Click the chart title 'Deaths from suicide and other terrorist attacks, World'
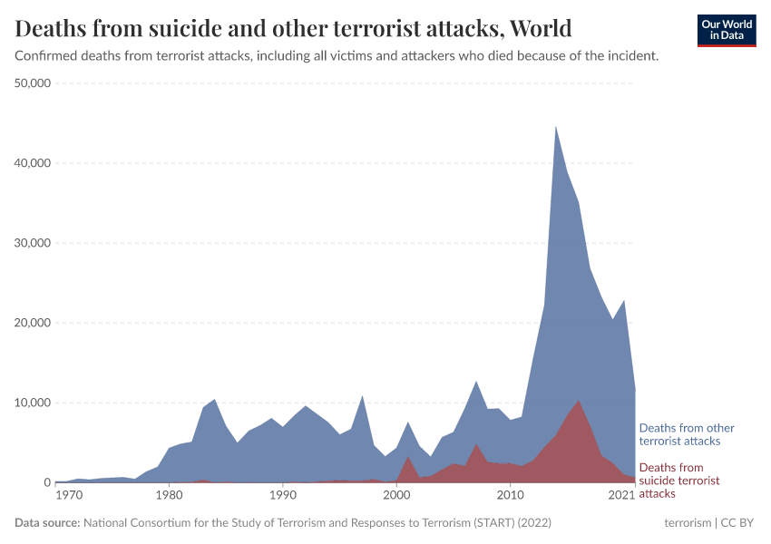tap(294, 28)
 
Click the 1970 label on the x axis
tap(67, 496)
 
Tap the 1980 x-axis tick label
tap(169, 496)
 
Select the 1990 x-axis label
tap(283, 496)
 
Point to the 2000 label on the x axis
tap(396, 496)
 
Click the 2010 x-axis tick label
tap(511, 496)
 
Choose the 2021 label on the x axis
tap(622, 496)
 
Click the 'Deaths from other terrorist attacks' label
tap(687, 434)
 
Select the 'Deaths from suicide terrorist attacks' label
tap(679, 480)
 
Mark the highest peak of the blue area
tap(556, 127)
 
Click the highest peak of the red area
tap(579, 401)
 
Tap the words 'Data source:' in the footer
tap(47, 523)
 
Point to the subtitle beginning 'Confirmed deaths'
tap(337, 56)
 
